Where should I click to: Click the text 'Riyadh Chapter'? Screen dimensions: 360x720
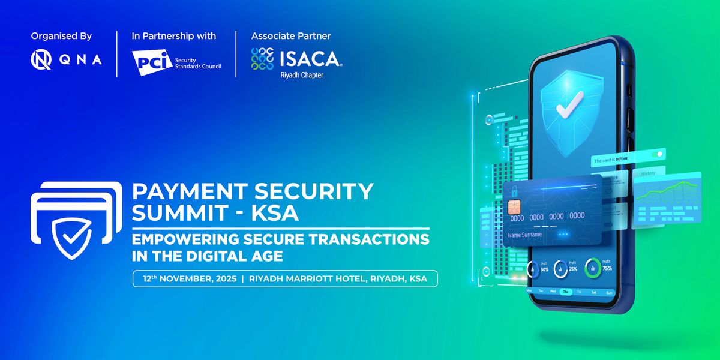[x=302, y=76]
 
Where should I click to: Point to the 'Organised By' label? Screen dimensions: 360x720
[x=61, y=36]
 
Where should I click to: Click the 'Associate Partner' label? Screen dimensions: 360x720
[x=291, y=36]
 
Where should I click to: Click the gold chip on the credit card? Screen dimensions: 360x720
[x=514, y=208]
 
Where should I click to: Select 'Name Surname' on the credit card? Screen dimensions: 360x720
[x=524, y=235]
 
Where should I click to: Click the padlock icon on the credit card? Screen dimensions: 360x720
[x=514, y=190]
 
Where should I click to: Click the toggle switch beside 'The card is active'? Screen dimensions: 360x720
[x=658, y=154]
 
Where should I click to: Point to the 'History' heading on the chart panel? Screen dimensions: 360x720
[x=648, y=173]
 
